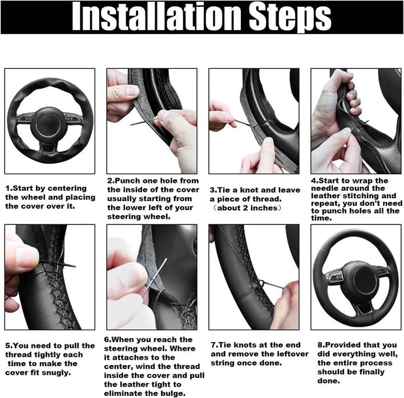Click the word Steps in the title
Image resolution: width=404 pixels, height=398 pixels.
point(290,19)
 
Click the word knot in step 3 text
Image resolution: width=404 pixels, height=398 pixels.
point(252,190)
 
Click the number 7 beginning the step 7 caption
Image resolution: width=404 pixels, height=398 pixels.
point(213,345)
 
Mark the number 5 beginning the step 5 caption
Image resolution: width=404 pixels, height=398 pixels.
point(7,346)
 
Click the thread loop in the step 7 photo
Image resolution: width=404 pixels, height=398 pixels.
point(260,284)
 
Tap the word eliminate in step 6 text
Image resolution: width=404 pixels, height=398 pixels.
point(121,393)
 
